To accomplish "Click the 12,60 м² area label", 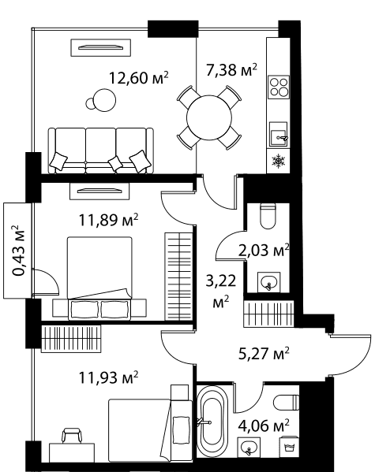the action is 138,78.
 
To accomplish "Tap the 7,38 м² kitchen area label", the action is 231,70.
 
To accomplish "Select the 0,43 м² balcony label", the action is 18,251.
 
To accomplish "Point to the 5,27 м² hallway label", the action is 264,353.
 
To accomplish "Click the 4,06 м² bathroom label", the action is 264,426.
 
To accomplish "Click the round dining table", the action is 209,117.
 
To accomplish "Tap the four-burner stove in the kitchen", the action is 279,87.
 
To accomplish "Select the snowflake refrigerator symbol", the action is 278,161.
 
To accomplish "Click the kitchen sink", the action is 278,134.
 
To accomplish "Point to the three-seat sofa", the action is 101,151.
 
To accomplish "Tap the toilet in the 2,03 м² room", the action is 268,216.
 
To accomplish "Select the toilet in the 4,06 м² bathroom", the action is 287,403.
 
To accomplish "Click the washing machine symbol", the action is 290,447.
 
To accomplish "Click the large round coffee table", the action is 104,100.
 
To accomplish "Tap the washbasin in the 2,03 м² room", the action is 268,282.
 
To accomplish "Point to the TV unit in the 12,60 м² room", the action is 101,47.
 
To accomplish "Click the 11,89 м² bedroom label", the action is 108,220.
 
